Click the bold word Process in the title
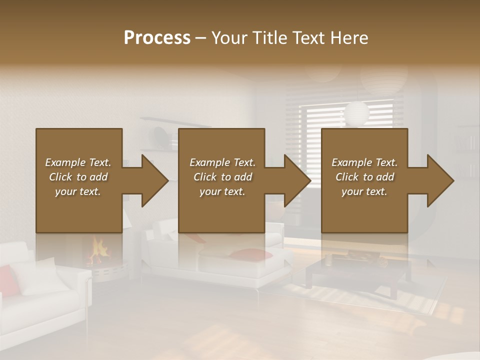pyautogui.click(x=157, y=38)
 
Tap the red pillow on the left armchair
pyautogui.click(x=7, y=280)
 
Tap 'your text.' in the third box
pyautogui.click(x=364, y=191)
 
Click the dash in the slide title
pyautogui.click(x=201, y=38)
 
